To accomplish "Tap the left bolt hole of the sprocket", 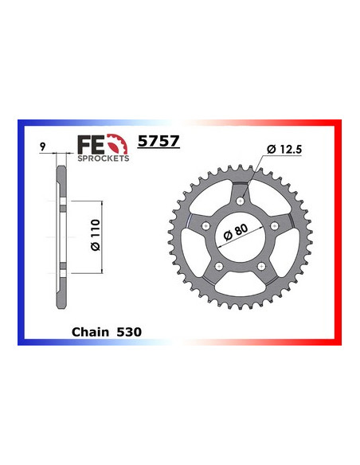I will coord(205,226).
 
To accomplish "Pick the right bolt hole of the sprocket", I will coord(276,228).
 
